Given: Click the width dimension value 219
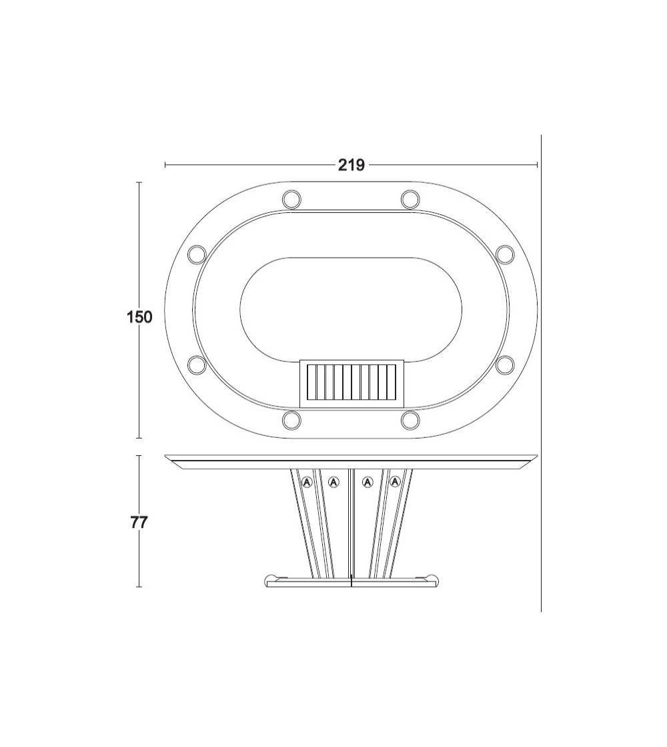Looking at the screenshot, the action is click(352, 165).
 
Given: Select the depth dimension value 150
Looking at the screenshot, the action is click(139, 317).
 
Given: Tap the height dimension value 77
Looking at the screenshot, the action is click(139, 523).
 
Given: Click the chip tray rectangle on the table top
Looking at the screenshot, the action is click(352, 383).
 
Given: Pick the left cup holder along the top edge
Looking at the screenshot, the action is click(291, 199).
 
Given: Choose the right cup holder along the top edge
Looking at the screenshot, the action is click(410, 199).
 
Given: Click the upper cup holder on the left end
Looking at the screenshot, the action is click(197, 254).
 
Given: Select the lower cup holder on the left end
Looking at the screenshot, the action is click(197, 365).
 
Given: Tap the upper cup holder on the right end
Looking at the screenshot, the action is click(505, 254).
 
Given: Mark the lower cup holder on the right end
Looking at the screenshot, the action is click(505, 365).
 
